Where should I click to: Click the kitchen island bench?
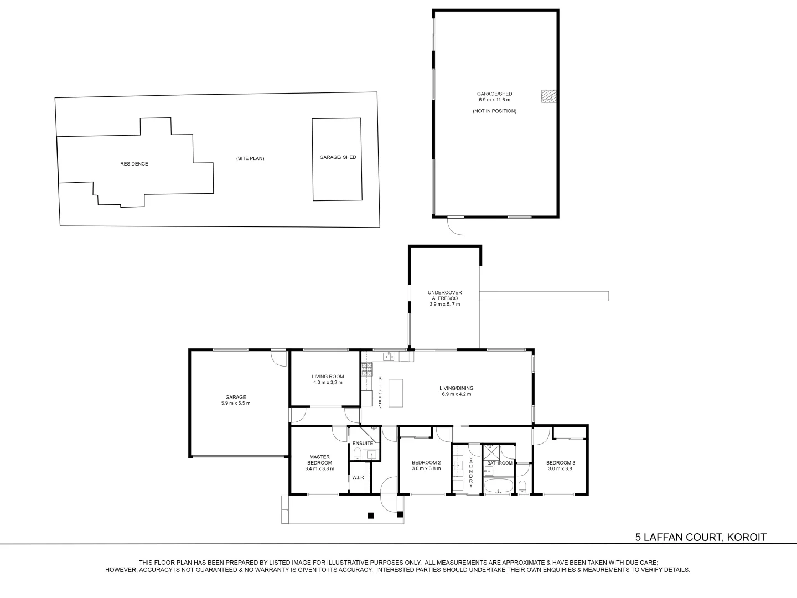[396, 393]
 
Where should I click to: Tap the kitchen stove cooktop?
[367, 369]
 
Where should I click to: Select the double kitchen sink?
[389, 357]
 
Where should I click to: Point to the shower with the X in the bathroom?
[491, 452]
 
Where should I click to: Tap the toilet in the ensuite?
[357, 453]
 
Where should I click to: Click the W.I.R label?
[358, 477]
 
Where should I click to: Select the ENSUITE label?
[363, 444]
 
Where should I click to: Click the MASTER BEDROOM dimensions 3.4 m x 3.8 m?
[320, 469]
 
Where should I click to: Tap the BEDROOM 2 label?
[426, 462]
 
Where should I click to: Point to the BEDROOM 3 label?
[561, 462]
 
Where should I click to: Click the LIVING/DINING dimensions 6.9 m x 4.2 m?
[457, 394]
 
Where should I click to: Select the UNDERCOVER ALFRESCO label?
[445, 295]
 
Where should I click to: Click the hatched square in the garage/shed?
[549, 96]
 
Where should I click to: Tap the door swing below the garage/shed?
[456, 226]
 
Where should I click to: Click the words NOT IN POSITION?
[495, 111]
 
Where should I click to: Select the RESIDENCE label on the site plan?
[134, 164]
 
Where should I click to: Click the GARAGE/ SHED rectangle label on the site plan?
[338, 157]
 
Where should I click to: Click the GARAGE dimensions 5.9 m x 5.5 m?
[236, 403]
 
